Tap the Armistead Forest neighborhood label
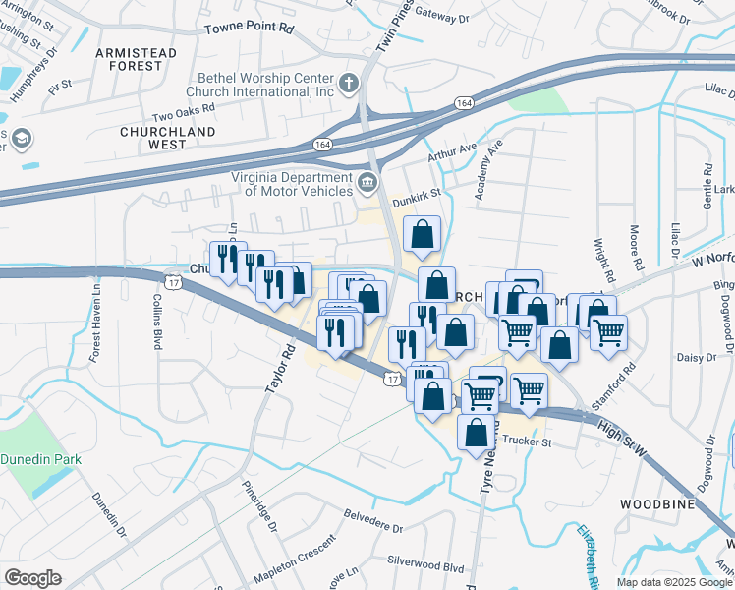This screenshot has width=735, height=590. [136, 59]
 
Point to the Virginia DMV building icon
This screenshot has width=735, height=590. [367, 182]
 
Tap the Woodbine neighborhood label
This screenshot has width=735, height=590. [657, 504]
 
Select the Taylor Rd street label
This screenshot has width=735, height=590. [279, 370]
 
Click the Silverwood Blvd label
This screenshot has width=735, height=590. [425, 567]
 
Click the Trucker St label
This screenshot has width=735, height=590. [530, 442]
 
